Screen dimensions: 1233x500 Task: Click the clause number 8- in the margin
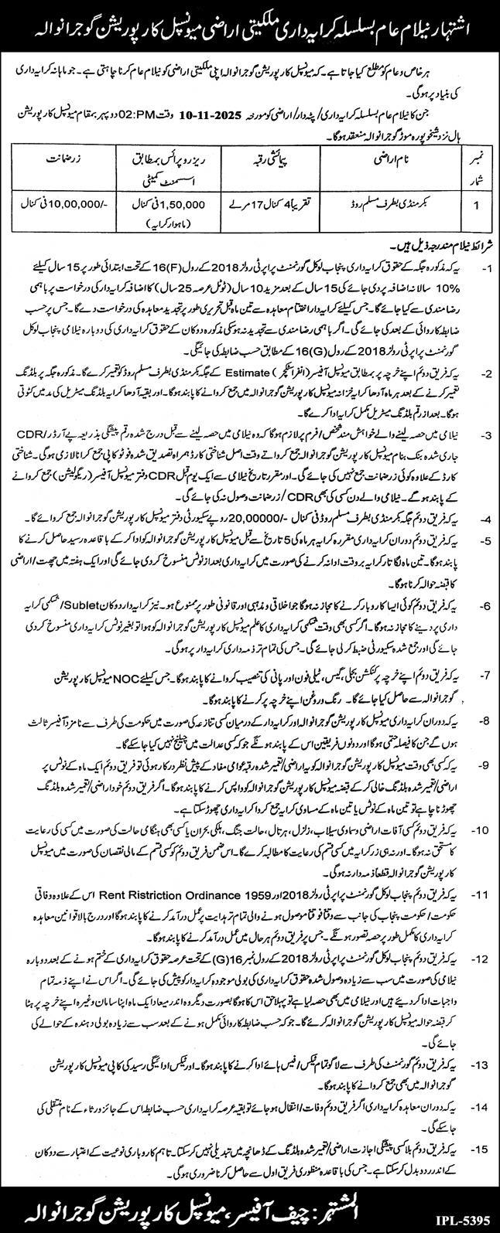tap(482, 699)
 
